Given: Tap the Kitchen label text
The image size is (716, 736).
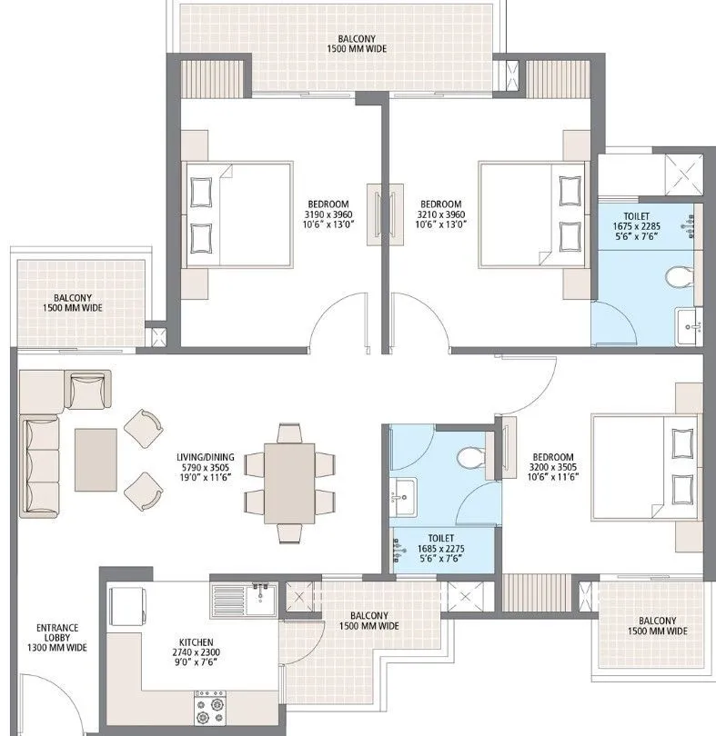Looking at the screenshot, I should tap(196, 647).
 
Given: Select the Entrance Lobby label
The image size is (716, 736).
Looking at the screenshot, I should tap(56, 637).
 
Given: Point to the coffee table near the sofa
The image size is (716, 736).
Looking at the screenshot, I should tap(96, 460).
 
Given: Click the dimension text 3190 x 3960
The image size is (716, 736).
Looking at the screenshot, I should tap(328, 214).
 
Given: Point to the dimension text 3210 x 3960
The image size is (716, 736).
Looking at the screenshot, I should tap(440, 214).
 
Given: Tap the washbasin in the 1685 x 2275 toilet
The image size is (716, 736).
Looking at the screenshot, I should tap(403, 495).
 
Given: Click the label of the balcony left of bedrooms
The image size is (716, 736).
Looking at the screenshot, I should tap(72, 303).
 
